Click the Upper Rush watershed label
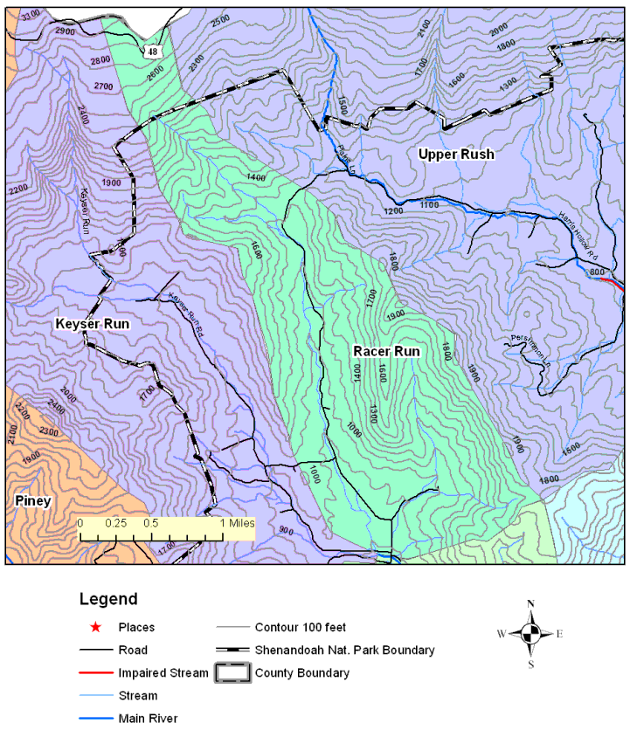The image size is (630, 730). [x=455, y=155]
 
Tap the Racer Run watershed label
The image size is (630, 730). [x=386, y=351]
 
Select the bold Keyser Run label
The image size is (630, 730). [x=93, y=324]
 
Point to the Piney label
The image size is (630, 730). [x=34, y=500]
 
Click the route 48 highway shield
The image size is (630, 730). [x=153, y=52]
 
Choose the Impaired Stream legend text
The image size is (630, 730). [x=163, y=673]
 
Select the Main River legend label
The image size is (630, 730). [x=148, y=719]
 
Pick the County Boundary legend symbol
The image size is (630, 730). [x=232, y=673]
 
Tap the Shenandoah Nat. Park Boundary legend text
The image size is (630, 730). [x=344, y=651]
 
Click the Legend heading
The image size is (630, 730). [x=108, y=599]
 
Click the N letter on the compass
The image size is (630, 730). [x=530, y=604]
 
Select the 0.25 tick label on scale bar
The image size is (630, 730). [x=115, y=522]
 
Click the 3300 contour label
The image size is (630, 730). [x=30, y=16]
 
